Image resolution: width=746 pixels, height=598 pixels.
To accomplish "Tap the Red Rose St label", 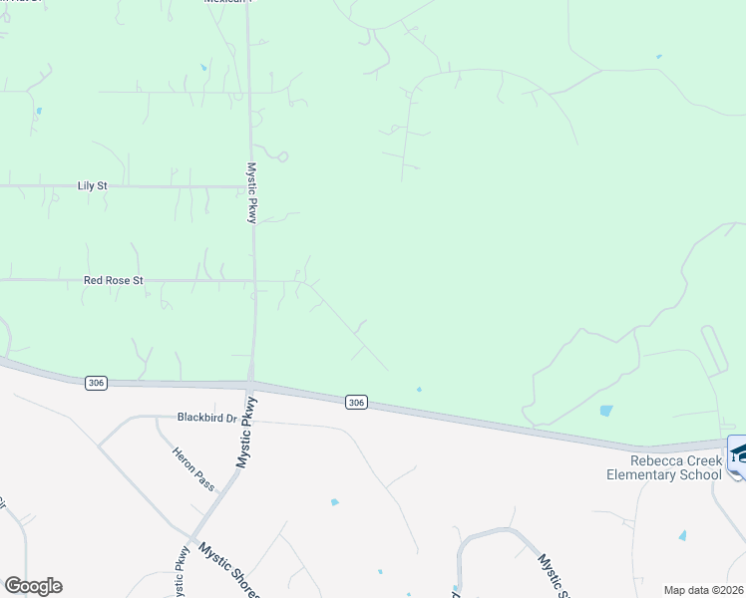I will [113, 281].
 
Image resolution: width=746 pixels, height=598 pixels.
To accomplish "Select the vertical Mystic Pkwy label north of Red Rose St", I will [253, 192].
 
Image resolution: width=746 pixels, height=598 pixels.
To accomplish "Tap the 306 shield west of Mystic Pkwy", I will [96, 383].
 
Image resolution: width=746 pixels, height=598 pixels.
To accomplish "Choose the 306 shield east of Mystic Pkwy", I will [357, 403].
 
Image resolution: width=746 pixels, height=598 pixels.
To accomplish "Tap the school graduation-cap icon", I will [739, 452].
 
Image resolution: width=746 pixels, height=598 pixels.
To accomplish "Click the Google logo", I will [33, 586].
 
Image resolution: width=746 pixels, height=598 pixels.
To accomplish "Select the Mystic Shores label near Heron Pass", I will [228, 569].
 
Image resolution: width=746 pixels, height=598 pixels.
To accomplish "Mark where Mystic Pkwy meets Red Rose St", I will [253, 281].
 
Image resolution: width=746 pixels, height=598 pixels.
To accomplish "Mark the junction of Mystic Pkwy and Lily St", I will [251, 185].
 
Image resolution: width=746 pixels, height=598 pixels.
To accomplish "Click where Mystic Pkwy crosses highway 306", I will [250, 386].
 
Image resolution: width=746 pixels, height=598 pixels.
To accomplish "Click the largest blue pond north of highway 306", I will [606, 410].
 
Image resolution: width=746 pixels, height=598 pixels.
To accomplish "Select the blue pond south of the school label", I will [683, 535].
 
